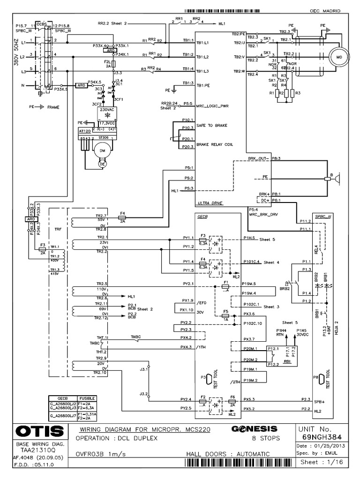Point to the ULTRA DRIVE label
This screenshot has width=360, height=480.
(x=210, y=203)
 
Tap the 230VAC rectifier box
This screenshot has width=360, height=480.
(x=106, y=112)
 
